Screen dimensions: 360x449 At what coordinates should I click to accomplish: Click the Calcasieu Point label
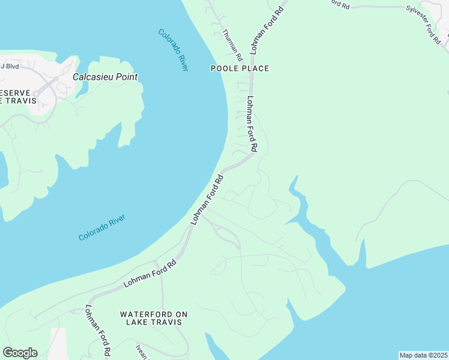(x=105, y=77)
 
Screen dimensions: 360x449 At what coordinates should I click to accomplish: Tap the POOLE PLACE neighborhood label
(x=240, y=68)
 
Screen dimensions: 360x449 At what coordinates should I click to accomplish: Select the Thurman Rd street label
(x=232, y=45)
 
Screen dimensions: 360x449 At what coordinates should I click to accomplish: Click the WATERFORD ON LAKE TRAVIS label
(x=154, y=318)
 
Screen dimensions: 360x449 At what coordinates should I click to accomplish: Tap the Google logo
(x=20, y=353)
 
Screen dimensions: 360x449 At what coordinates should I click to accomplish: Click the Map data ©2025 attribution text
(x=423, y=355)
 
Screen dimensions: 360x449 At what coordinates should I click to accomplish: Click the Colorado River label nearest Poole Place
(x=173, y=50)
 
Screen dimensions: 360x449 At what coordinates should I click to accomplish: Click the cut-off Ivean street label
(x=142, y=351)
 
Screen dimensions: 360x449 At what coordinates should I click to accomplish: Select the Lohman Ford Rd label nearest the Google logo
(x=98, y=331)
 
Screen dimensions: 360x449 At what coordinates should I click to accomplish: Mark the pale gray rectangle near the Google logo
(x=58, y=343)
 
